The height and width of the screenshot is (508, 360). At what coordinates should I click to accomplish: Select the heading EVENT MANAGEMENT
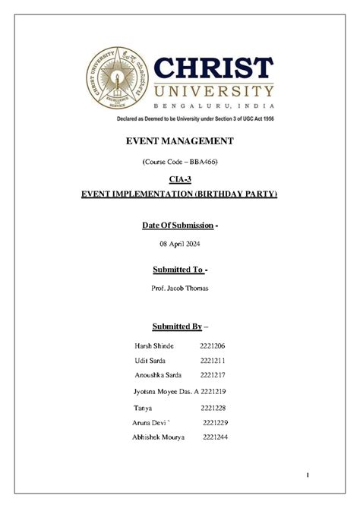point(179,141)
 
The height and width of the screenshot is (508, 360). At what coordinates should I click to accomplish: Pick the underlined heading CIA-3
point(179,180)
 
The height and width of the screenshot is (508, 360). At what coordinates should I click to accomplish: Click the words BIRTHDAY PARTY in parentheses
point(235,194)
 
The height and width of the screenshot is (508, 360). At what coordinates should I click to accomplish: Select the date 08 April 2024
point(179,243)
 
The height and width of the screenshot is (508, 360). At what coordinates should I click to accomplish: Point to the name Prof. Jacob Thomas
point(179,288)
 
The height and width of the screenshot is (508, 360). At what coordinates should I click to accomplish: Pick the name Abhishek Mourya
point(158,437)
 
